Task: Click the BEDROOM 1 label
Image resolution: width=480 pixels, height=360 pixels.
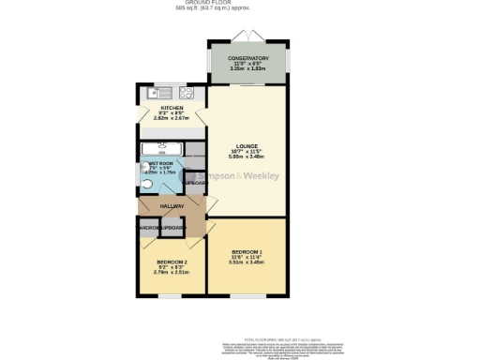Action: tap(247, 252)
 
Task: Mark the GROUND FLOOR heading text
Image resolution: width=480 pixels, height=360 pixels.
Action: tap(240, 3)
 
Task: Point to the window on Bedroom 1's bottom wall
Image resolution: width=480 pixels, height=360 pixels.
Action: tap(247, 296)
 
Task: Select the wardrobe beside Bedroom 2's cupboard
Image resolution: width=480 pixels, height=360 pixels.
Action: tap(148, 228)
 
